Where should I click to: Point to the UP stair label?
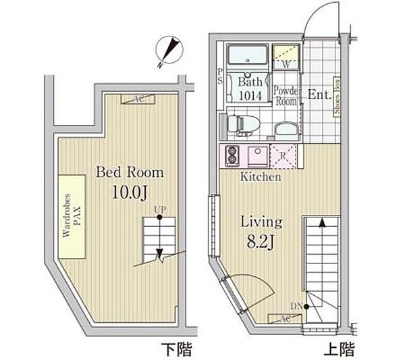[x=159, y=209]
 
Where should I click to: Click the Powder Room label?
[x=286, y=93]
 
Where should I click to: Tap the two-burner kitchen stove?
[x=232, y=154]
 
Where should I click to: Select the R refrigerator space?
[x=283, y=155]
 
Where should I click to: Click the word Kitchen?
[x=261, y=177]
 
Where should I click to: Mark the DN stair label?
[x=298, y=307]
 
